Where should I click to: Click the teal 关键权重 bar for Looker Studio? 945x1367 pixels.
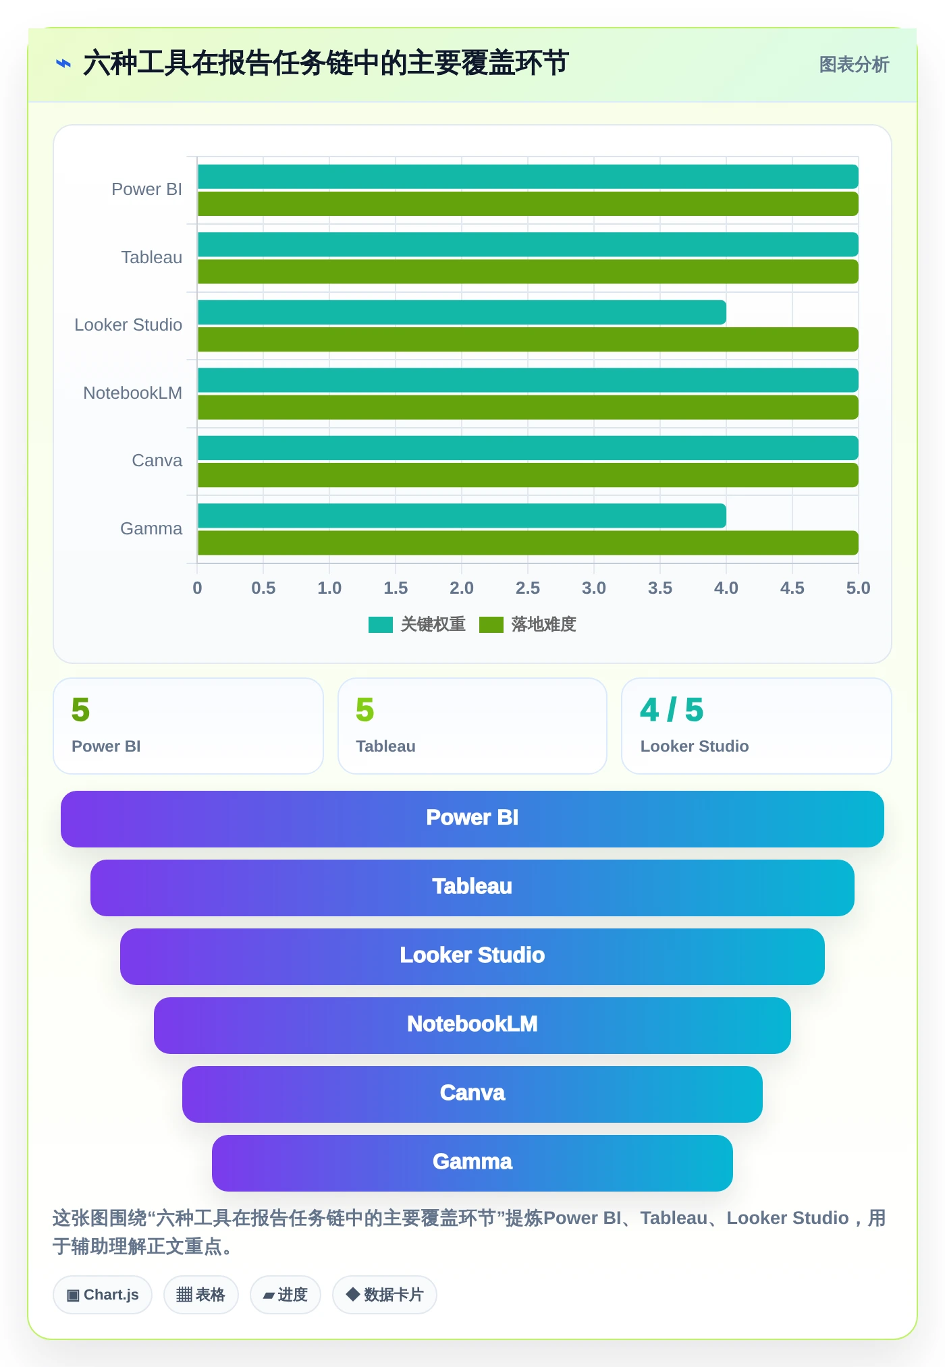(x=462, y=312)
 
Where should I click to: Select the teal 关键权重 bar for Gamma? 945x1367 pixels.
(x=462, y=515)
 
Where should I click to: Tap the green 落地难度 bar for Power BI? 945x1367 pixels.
(x=528, y=204)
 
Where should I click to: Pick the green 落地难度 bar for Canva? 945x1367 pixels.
(x=528, y=475)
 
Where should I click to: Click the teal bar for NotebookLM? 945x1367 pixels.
(x=528, y=380)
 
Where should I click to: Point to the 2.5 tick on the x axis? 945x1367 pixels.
(x=528, y=588)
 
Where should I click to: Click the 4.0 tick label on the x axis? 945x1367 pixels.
(x=726, y=588)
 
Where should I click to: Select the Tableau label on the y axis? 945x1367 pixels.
(x=152, y=257)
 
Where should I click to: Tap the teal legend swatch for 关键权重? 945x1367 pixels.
(x=381, y=625)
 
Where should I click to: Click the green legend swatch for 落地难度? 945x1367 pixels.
(x=491, y=625)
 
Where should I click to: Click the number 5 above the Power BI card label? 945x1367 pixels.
(x=80, y=710)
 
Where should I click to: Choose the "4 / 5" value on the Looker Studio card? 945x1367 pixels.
(x=672, y=710)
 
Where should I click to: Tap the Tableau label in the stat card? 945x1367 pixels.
(x=385, y=746)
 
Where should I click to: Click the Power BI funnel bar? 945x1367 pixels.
(x=473, y=819)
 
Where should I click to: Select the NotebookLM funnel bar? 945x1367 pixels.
(x=473, y=1026)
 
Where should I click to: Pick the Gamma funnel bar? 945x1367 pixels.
(x=473, y=1163)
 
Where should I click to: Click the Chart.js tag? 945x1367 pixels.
(x=103, y=1295)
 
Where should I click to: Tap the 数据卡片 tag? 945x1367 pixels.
(x=385, y=1295)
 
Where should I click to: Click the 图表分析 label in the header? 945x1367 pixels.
(x=854, y=65)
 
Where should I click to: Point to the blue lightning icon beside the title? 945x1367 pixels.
(x=63, y=64)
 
